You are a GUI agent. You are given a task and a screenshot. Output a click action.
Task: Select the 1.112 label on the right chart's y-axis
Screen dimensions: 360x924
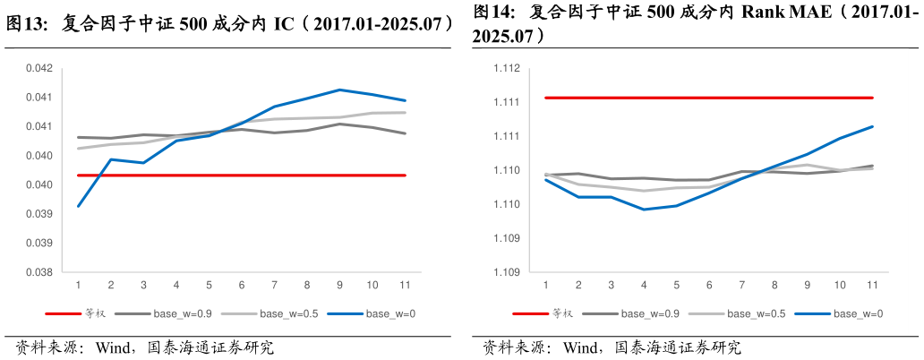tap(507, 68)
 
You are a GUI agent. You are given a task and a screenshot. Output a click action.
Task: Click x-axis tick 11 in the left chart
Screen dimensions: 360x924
tap(405, 286)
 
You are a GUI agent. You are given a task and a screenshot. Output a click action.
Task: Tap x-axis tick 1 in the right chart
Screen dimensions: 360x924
tap(546, 286)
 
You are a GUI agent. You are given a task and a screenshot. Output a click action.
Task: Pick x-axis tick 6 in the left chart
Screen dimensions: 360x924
tap(242, 286)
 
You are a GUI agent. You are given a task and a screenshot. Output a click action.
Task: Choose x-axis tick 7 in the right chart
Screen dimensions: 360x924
tap(742, 286)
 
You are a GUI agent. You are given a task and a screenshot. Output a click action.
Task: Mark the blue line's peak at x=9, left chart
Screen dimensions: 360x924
tap(339, 90)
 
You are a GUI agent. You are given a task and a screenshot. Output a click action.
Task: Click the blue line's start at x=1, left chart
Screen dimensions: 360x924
tap(79, 206)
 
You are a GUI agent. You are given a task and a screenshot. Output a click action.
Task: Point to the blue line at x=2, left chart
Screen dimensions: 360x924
tap(111, 159)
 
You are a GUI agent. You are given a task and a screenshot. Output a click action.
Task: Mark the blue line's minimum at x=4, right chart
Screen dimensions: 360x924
tap(644, 210)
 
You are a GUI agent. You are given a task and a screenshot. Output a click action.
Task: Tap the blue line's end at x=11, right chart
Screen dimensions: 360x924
tap(872, 126)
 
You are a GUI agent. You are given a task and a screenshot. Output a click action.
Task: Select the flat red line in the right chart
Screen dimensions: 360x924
tap(707, 98)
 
